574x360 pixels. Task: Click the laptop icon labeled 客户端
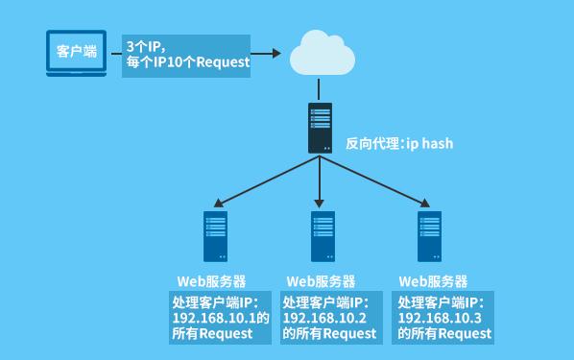point(77,53)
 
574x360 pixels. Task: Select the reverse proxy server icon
point(320,128)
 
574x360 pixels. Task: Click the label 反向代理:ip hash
point(399,144)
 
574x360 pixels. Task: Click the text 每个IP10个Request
point(187,62)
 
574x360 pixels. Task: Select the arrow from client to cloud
point(269,53)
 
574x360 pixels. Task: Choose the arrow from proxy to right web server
point(374,182)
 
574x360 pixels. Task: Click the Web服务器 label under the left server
point(211,282)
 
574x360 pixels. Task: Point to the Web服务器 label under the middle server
point(321,282)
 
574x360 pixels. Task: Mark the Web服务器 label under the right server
point(433,282)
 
